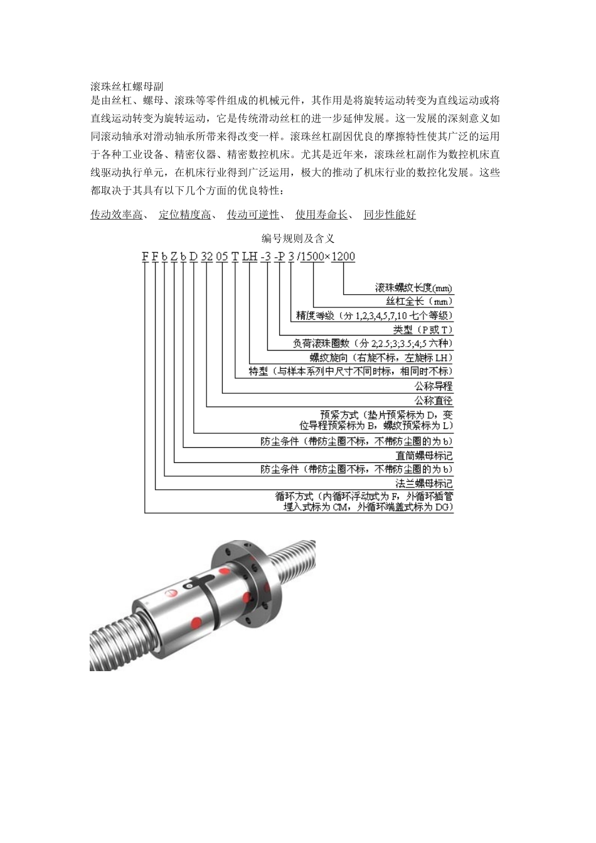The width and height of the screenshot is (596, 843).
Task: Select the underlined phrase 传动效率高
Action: tap(116, 215)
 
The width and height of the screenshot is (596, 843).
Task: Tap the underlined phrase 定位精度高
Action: tap(184, 215)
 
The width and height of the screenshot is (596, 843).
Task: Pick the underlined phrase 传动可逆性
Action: tap(253, 215)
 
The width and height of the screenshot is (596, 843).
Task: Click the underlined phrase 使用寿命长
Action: tap(321, 215)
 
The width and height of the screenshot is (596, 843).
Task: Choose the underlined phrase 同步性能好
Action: tap(390, 215)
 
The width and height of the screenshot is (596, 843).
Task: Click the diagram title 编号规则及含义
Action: tap(298, 238)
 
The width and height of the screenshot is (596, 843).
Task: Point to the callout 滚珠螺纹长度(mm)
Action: tap(413, 288)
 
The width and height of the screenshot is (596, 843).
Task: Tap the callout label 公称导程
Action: tap(434, 386)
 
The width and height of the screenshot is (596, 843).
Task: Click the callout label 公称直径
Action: tap(434, 400)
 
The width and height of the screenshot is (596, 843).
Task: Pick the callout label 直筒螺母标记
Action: tap(424, 455)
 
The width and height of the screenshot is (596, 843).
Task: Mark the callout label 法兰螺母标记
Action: tap(424, 484)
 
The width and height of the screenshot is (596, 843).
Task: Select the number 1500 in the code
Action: tap(312, 257)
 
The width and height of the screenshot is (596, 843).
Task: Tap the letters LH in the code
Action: tap(250, 257)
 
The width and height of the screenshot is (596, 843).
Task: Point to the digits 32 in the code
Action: tap(207, 257)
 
